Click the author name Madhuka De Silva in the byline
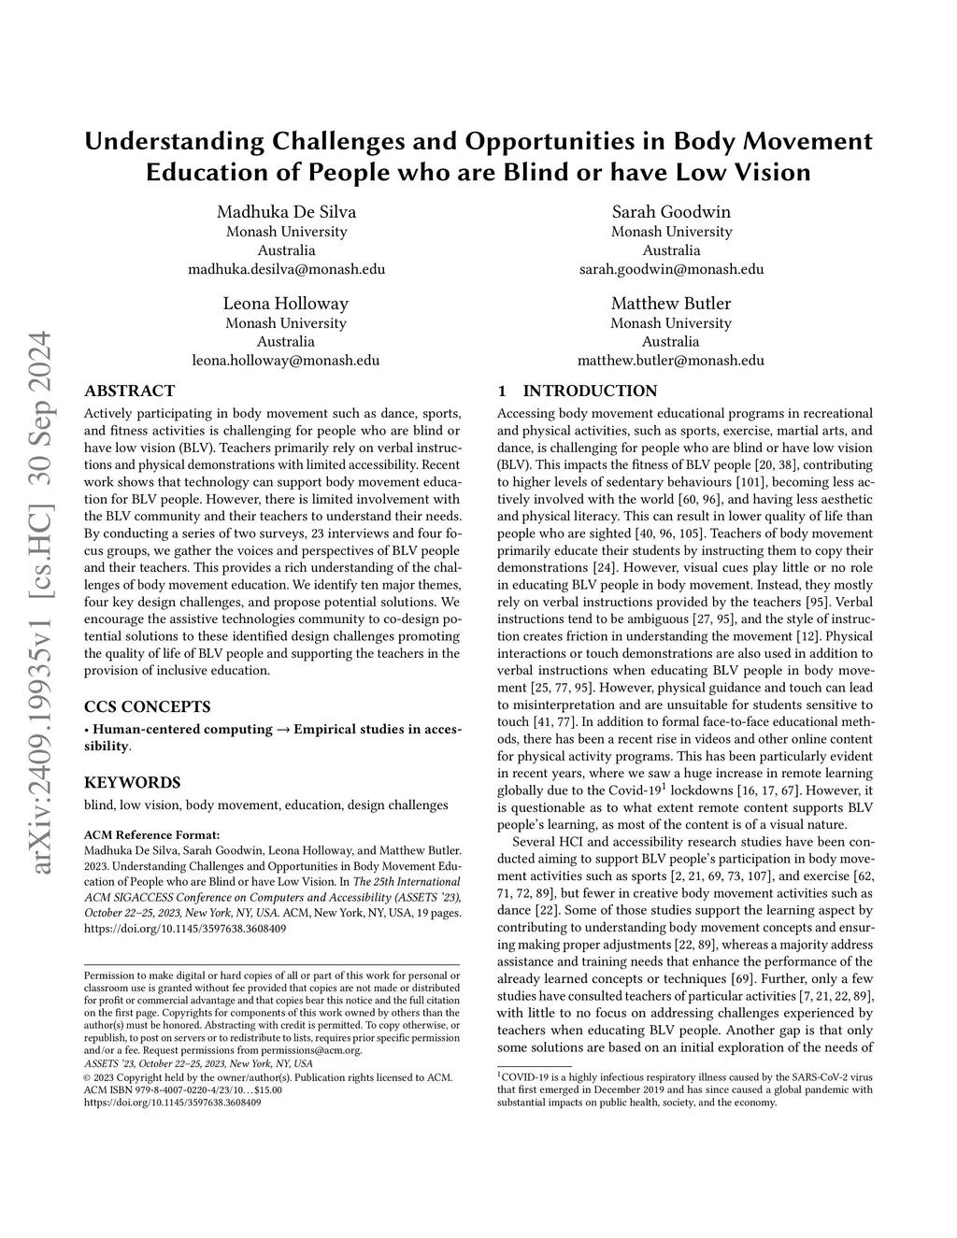(286, 211)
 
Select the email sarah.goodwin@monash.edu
(671, 269)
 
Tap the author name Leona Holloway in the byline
(286, 303)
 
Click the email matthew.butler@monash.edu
(671, 360)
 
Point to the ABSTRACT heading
(129, 391)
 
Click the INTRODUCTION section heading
(590, 391)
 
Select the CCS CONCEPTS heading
(147, 706)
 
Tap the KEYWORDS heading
(132, 782)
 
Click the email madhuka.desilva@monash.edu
(286, 269)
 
